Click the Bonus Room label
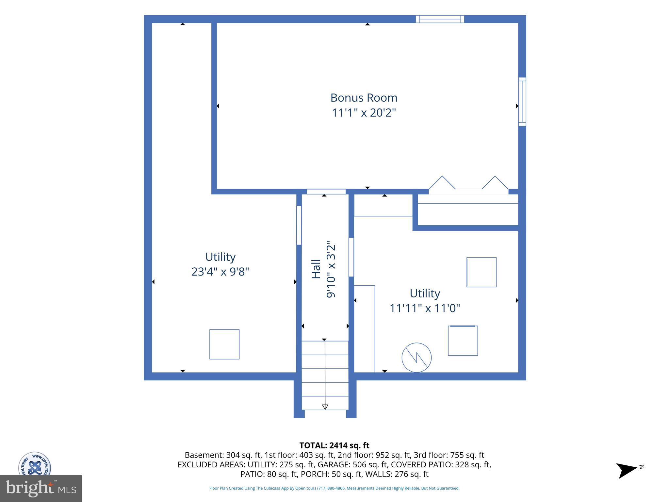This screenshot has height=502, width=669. pyautogui.click(x=364, y=98)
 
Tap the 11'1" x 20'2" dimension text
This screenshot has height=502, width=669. pyautogui.click(x=364, y=113)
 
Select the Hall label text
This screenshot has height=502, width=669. pyautogui.click(x=316, y=269)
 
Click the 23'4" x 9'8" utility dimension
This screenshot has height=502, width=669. pyautogui.click(x=220, y=272)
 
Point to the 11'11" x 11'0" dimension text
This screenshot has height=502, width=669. pyautogui.click(x=425, y=308)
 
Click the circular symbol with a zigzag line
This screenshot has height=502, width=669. pyautogui.click(x=416, y=358)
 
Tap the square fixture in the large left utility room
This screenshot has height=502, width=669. pyautogui.click(x=224, y=344)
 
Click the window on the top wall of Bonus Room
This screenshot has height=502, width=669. pyautogui.click(x=440, y=19)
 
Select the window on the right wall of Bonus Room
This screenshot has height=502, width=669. pyautogui.click(x=522, y=102)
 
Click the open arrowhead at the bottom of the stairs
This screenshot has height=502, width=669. pyautogui.click(x=325, y=407)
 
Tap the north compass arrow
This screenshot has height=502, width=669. pyautogui.click(x=627, y=470)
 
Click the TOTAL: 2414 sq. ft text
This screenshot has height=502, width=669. pyautogui.click(x=334, y=445)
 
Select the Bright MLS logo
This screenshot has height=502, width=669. pyautogui.click(x=41, y=489)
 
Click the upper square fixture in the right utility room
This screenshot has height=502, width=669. pyautogui.click(x=481, y=272)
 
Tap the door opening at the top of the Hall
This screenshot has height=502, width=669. pyautogui.click(x=326, y=192)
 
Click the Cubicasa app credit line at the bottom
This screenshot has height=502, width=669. pyautogui.click(x=334, y=488)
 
